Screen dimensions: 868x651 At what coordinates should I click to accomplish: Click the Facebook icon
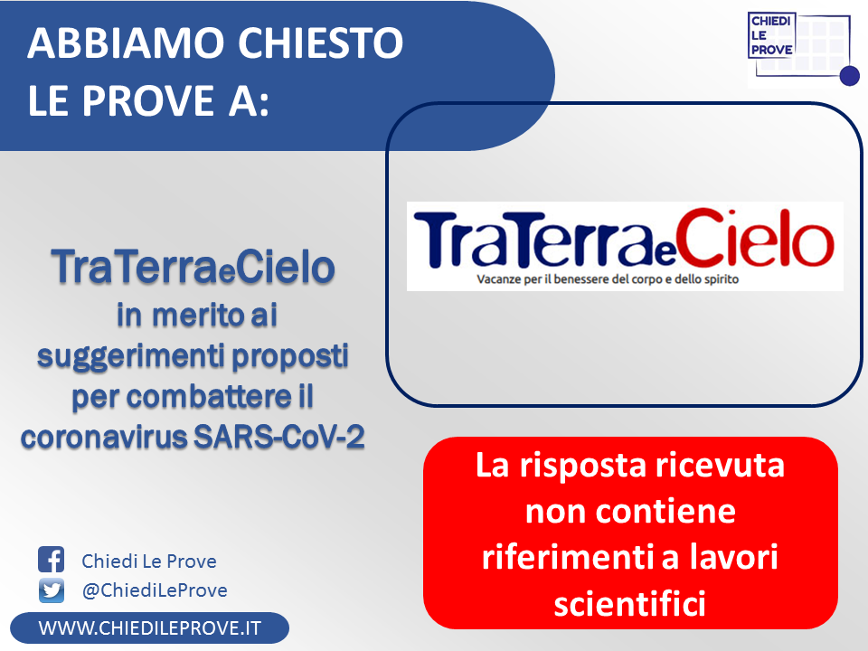point(51,559)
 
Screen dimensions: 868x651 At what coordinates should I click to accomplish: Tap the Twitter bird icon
point(52,590)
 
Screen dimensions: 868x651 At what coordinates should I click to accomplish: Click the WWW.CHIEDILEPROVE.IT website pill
point(149,627)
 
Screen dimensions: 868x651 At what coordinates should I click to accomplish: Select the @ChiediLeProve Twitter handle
point(155,590)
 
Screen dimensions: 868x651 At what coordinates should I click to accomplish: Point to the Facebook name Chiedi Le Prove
point(149,561)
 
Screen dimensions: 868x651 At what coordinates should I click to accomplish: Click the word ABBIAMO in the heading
point(125,42)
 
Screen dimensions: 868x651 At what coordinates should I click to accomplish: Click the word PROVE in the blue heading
point(148,100)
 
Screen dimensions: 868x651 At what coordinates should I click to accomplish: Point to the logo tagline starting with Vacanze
point(608,279)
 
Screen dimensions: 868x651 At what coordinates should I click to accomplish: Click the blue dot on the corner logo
point(849,76)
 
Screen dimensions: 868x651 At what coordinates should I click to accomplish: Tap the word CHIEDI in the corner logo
point(770,21)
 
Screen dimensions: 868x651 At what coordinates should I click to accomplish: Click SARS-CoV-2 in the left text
point(279,437)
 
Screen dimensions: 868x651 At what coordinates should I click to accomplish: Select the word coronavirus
point(105,438)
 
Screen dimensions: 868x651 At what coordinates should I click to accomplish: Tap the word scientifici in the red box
point(630,603)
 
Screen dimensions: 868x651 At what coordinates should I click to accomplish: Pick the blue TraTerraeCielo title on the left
point(193,266)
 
